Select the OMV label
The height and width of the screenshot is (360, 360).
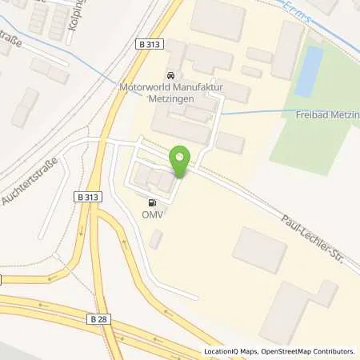pos(152,214)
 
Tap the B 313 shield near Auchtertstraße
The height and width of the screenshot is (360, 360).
pos(90,195)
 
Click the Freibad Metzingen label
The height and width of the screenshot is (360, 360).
pos(321,114)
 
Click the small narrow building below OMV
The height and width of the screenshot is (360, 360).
pos(155,239)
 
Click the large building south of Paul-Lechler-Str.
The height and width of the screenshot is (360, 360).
pos(259,249)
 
